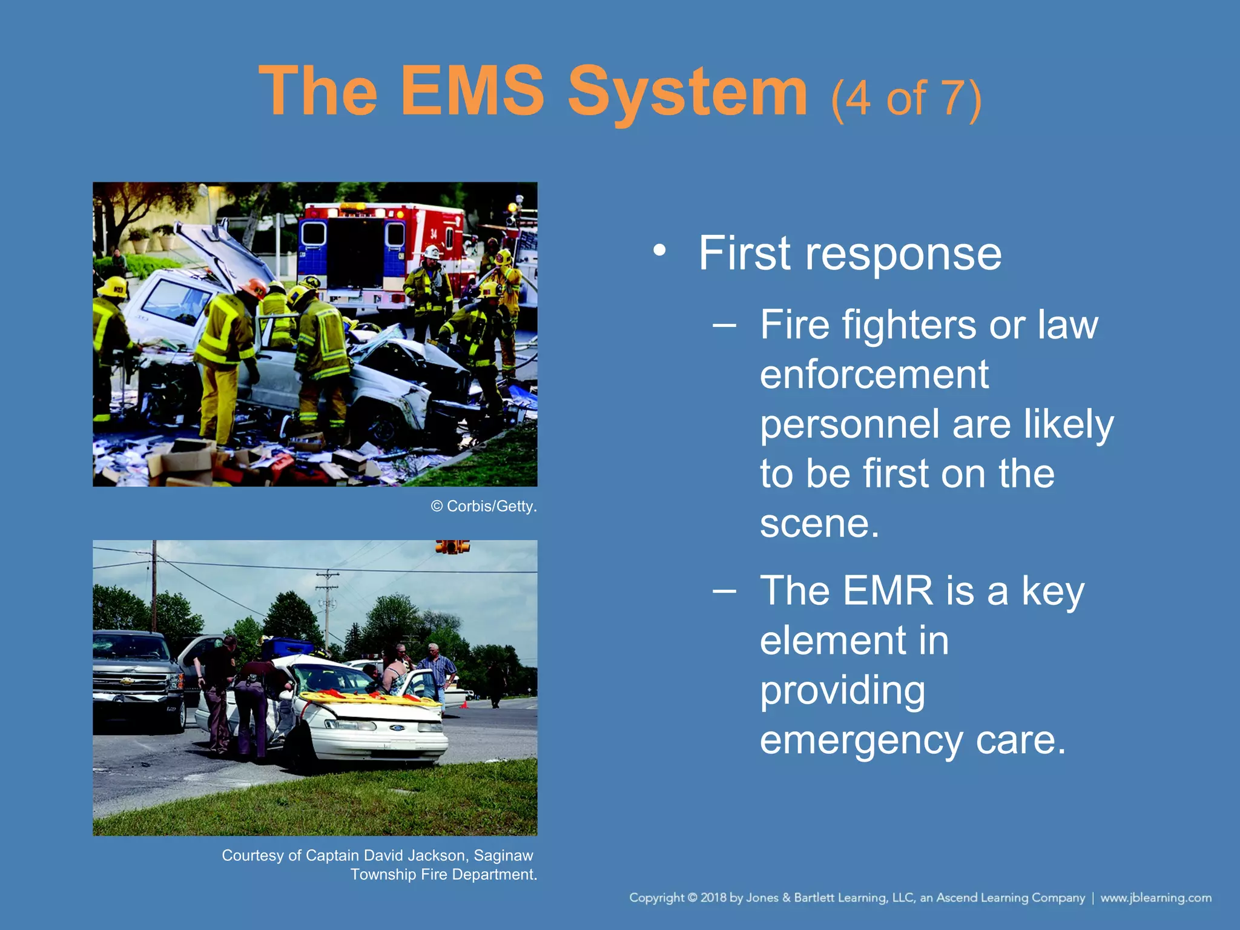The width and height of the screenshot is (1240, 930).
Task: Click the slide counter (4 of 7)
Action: click(x=906, y=99)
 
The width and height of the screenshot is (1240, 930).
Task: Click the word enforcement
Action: click(x=874, y=375)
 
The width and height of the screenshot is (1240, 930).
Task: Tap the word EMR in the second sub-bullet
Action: click(x=888, y=592)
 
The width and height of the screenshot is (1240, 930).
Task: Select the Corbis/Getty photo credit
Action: click(x=484, y=507)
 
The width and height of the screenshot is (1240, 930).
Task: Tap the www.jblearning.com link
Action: click(x=1156, y=898)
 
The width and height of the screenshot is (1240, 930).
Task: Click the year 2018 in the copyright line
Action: click(x=713, y=898)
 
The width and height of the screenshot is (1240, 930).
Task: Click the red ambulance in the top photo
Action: click(x=387, y=248)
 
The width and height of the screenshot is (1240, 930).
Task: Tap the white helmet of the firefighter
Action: click(x=431, y=251)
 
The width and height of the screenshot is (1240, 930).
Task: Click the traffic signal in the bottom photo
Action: click(x=452, y=547)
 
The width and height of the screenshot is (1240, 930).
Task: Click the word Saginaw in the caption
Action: click(x=503, y=856)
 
